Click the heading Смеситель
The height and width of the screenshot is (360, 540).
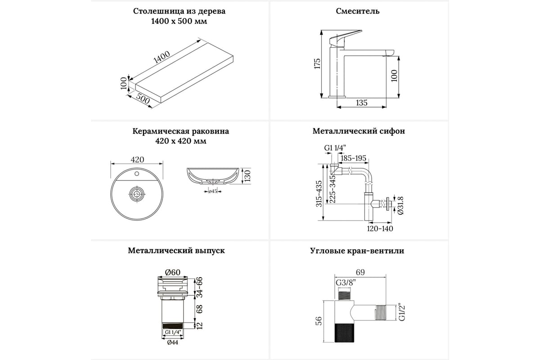pos(358,11)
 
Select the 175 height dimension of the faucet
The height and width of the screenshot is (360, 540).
pos(317,63)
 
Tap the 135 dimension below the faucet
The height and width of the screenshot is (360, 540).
pos(361,103)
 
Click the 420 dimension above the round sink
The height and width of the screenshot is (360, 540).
pos(137,159)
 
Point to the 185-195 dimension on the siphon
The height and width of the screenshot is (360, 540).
pos(354,158)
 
